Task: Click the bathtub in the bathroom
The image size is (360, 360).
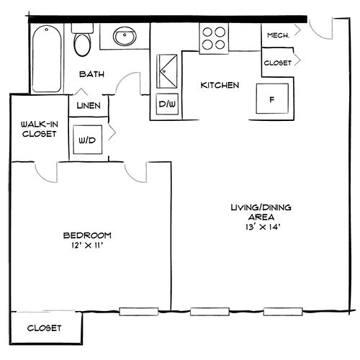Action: point(47,59)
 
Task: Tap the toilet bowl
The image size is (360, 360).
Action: point(82,45)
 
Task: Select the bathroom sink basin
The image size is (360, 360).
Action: point(125,36)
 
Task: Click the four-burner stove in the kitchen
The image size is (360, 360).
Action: point(214,38)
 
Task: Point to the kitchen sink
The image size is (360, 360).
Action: point(167,71)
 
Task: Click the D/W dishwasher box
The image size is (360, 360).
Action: point(167,104)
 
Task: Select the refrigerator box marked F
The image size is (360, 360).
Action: point(272,99)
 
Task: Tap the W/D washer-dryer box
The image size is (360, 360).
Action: point(88,140)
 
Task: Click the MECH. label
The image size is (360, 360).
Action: point(278,35)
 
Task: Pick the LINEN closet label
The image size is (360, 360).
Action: point(89,106)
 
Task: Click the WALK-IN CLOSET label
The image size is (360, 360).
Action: point(40,129)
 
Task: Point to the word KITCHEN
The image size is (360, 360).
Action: point(220,85)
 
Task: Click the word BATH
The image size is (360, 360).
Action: point(91,74)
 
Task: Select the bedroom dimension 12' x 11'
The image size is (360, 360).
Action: point(87,246)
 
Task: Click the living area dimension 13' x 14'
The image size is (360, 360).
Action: point(263,227)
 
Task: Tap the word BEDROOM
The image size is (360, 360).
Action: point(87,235)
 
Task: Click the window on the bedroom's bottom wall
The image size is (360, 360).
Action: point(139,312)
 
